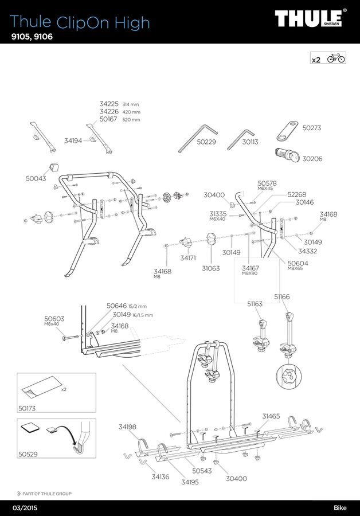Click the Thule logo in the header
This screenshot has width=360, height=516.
tap(310, 18)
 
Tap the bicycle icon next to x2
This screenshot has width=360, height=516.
tap(336, 58)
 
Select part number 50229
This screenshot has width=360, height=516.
tap(206, 142)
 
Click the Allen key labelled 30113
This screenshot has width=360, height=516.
tap(240, 138)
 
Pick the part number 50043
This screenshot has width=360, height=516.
tap(36, 179)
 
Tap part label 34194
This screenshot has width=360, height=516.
tap(73, 140)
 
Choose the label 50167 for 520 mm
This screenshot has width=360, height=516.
tap(108, 120)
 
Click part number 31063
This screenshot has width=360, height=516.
tap(211, 268)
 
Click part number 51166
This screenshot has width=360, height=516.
tap(281, 296)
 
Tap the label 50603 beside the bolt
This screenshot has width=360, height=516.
tap(54, 319)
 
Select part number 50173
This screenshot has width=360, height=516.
tap(27, 409)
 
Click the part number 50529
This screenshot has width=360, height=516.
tap(27, 454)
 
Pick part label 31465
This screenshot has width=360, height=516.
tap(271, 416)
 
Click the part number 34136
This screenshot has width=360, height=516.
tap(161, 476)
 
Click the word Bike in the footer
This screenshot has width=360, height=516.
tap(341, 508)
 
